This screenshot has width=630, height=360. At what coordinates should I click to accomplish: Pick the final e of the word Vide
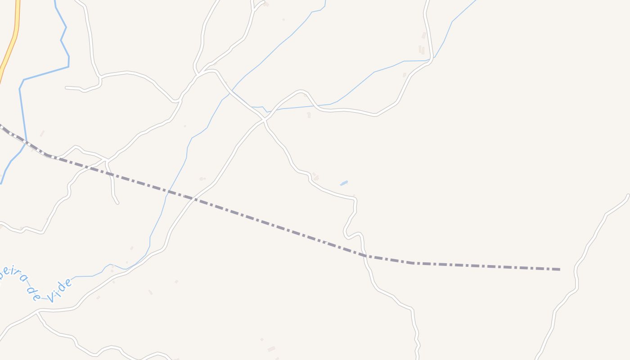click(x=68, y=283)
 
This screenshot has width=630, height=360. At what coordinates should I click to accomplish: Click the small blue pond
click(x=344, y=183)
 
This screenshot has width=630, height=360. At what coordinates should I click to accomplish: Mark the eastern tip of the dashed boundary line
click(x=559, y=269)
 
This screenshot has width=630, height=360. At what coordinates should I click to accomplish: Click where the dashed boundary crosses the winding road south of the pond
click(x=363, y=255)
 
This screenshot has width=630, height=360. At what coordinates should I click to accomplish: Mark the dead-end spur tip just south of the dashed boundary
click(x=117, y=203)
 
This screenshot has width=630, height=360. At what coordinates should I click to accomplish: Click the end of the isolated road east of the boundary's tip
click(x=628, y=195)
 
